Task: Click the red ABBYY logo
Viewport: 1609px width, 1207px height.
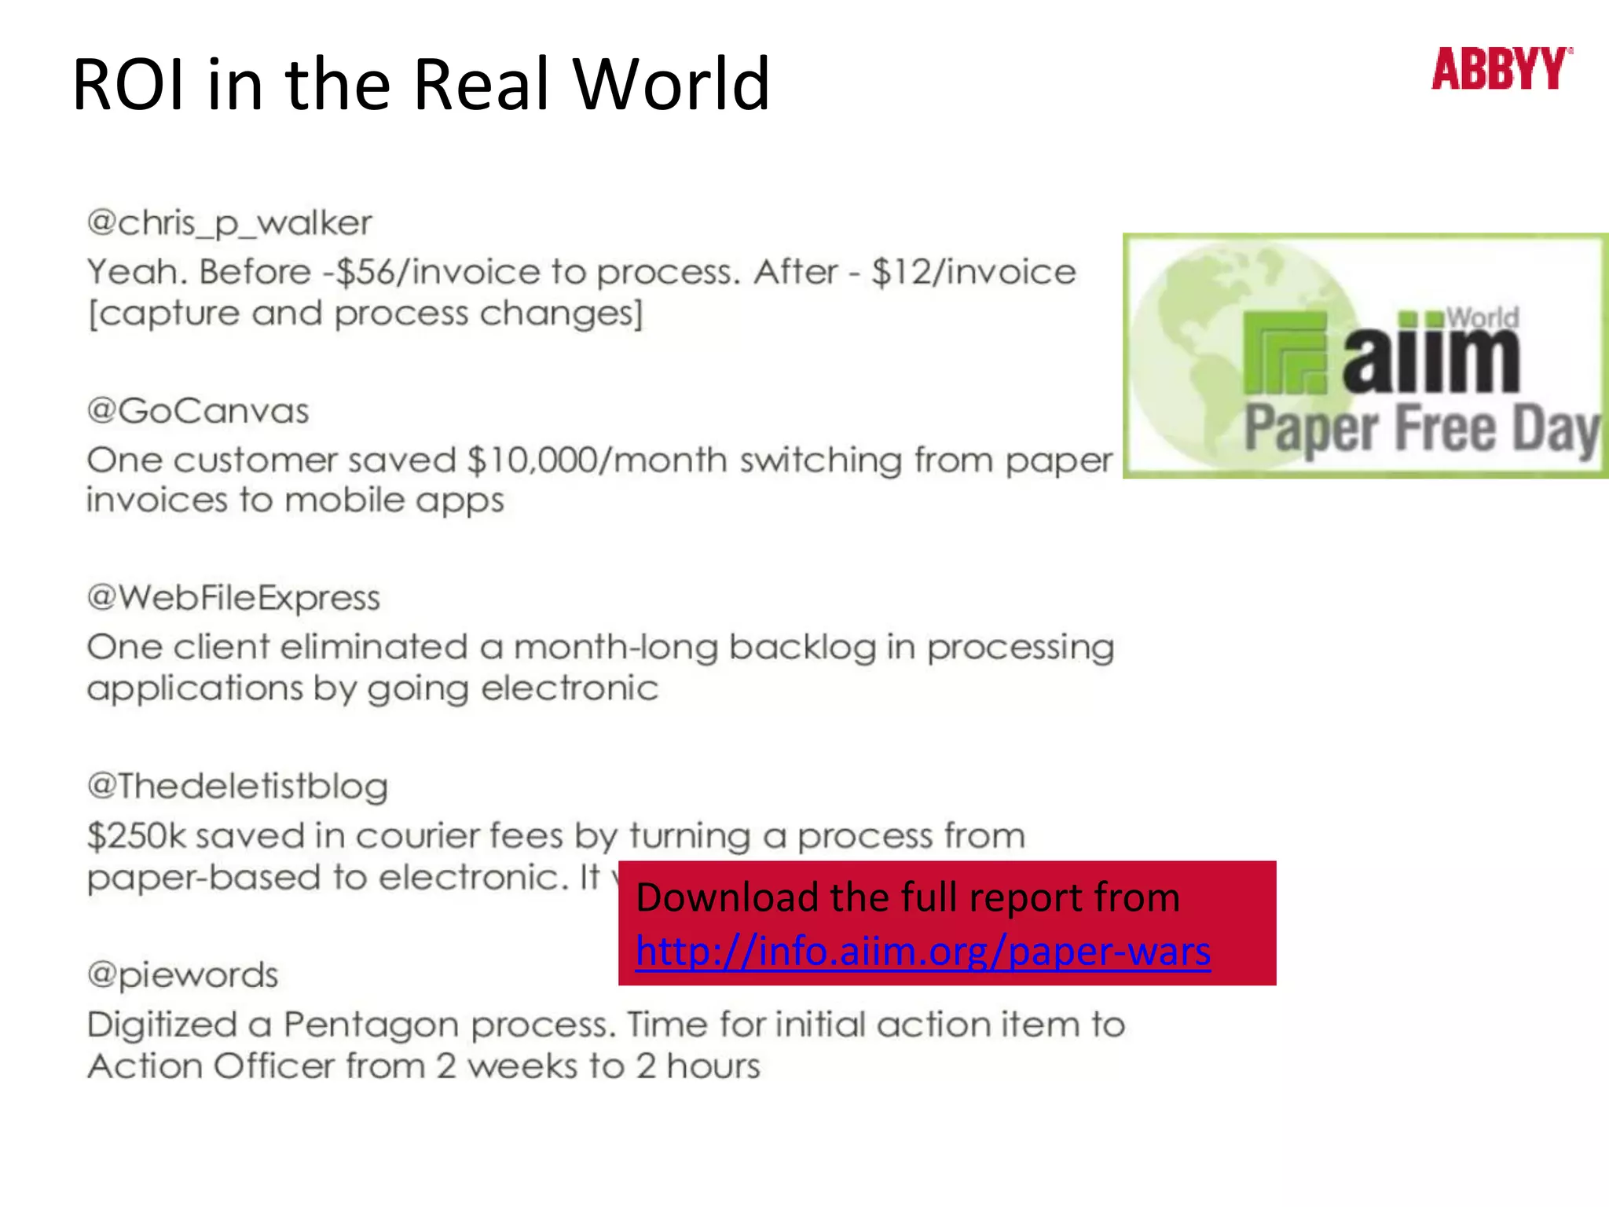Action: tap(1501, 69)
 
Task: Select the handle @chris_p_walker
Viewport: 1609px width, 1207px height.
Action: tap(229, 224)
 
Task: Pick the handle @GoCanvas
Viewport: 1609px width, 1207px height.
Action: tap(198, 411)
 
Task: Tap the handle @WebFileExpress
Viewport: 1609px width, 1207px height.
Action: tap(233, 598)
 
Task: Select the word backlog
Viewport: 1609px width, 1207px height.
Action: tap(801, 648)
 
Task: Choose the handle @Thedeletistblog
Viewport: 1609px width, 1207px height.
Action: tap(237, 787)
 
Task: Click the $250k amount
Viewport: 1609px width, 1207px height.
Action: tap(136, 836)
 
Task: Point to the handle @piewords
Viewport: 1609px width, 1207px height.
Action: tap(182, 975)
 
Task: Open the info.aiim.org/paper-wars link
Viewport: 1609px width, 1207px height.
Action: tap(922, 952)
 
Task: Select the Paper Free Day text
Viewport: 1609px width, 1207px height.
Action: tap(1422, 429)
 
